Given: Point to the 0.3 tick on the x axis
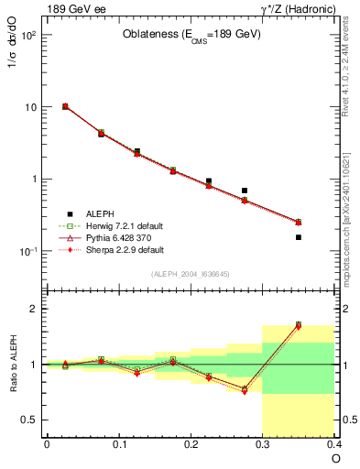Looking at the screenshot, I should click(263, 444).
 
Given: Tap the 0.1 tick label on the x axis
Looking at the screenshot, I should click(118, 444).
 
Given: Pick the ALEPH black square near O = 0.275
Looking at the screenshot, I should click(245, 191).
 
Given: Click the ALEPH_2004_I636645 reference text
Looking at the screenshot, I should click(190, 275).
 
